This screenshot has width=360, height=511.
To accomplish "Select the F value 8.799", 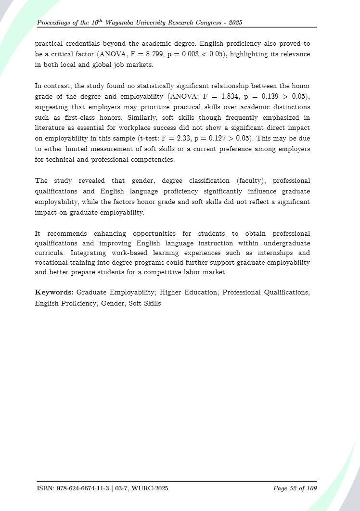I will (142, 54).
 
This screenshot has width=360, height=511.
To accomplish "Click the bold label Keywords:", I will (54, 293).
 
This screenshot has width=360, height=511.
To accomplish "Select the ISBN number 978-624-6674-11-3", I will (83, 489).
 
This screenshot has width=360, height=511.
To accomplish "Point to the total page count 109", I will (310, 489).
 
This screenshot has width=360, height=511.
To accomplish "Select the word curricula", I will (51, 254).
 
